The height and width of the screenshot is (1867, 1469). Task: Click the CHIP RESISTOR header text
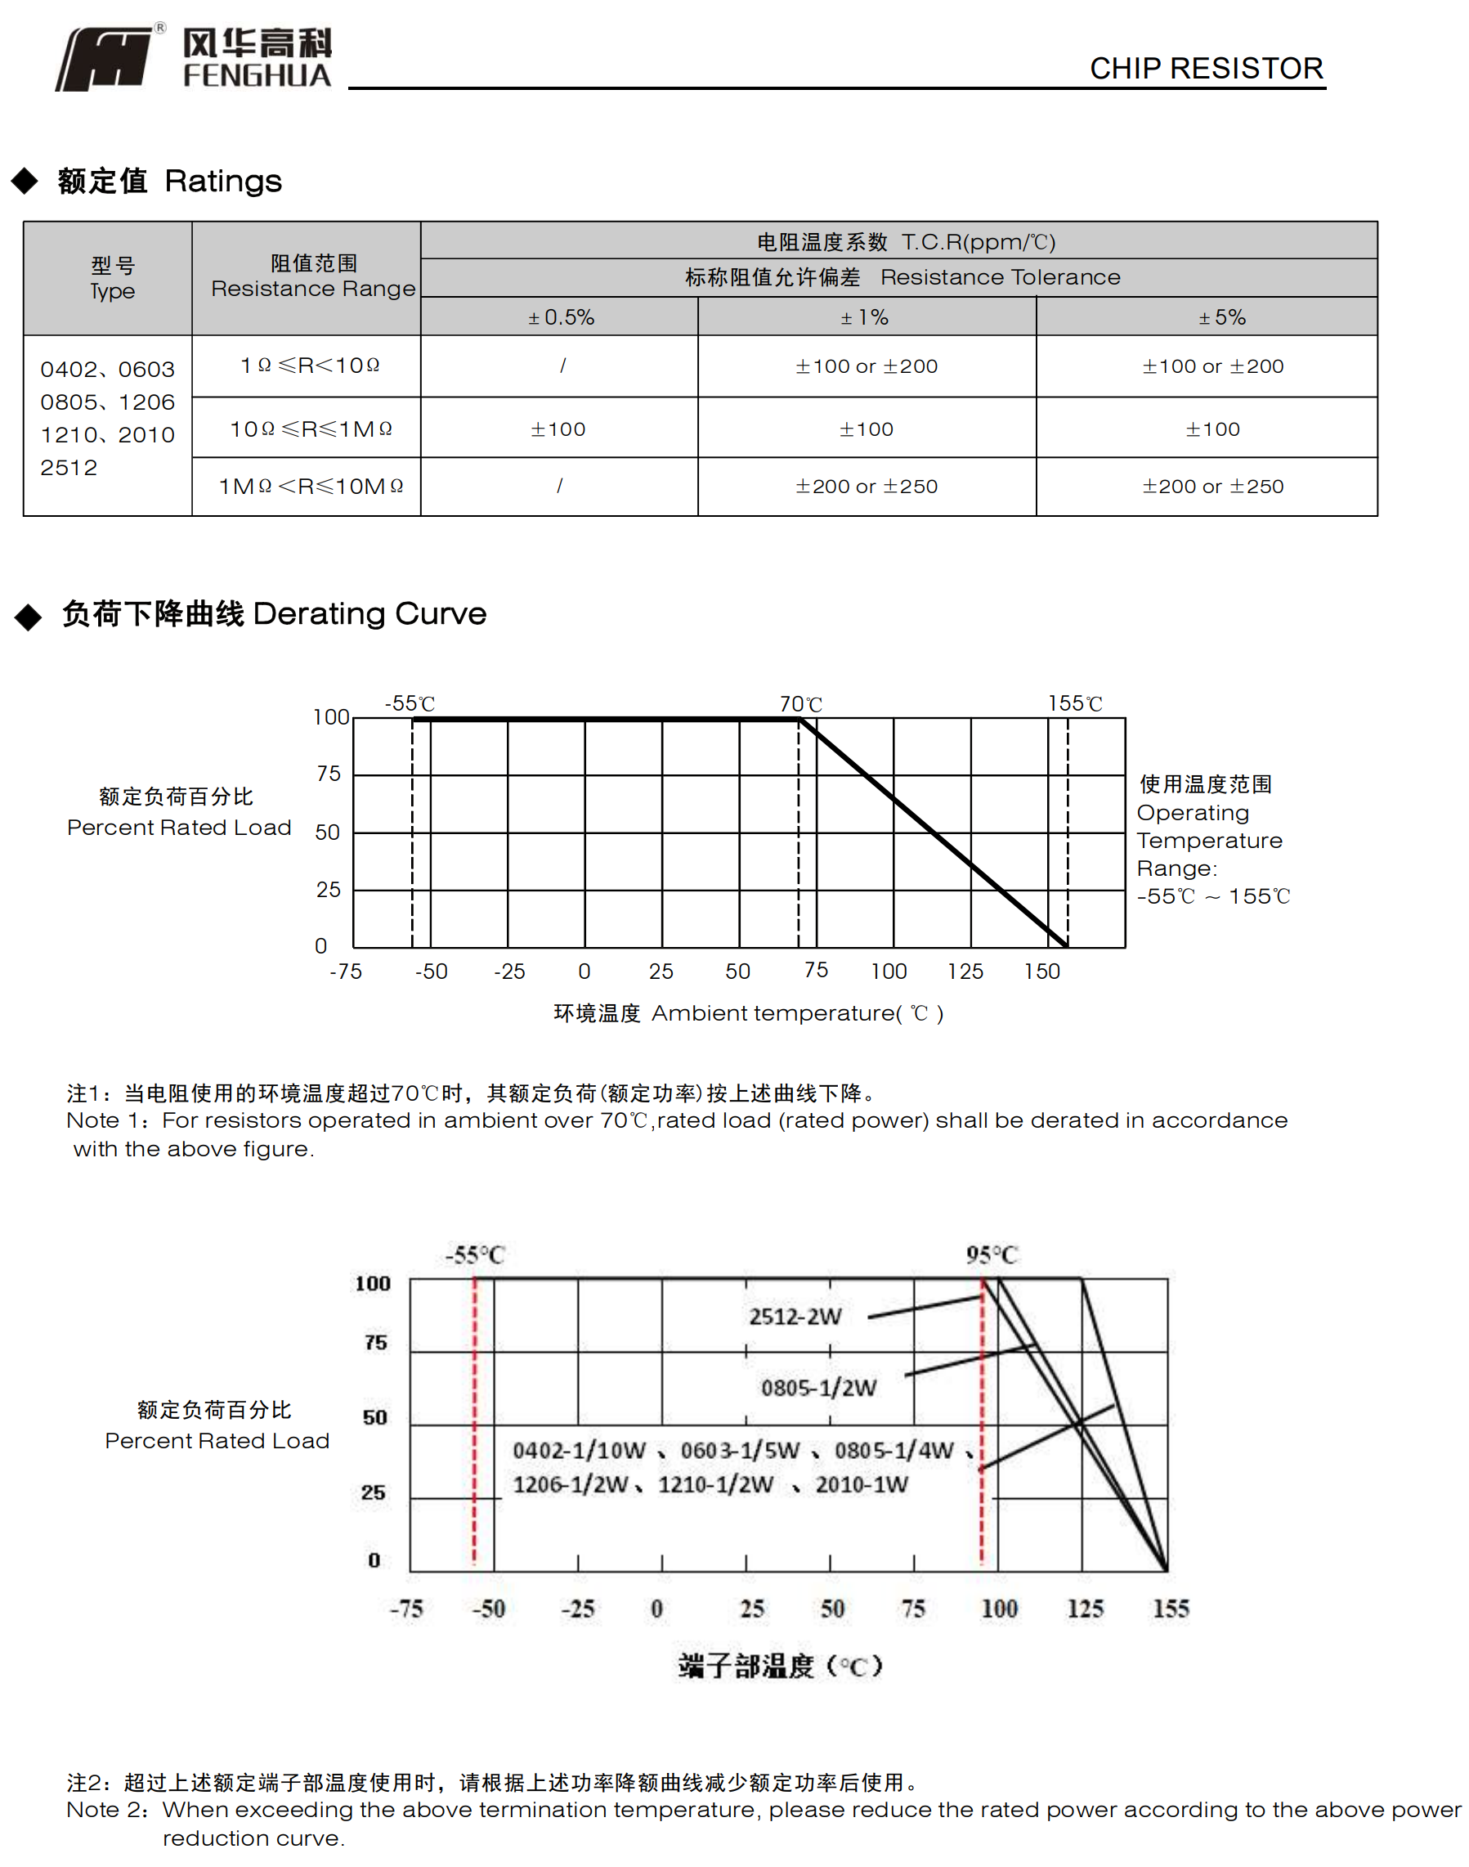pyautogui.click(x=1206, y=68)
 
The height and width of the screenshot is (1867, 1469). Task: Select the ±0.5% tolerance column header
pyautogui.click(x=561, y=317)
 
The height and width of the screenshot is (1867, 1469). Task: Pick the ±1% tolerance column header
pyautogui.click(x=865, y=317)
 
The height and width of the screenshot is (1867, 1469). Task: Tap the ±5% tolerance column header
pyautogui.click(x=1222, y=317)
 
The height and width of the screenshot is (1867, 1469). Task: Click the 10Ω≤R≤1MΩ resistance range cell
pyautogui.click(x=311, y=429)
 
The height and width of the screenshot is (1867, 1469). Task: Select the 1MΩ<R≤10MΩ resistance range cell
pyautogui.click(x=311, y=486)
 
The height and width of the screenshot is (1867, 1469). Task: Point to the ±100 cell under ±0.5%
pyautogui.click(x=558, y=429)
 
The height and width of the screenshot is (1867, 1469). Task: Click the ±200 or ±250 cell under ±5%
pyautogui.click(x=1212, y=486)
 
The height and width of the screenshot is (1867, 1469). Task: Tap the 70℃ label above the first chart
pyautogui.click(x=801, y=704)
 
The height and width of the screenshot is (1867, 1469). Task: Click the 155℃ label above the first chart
pyautogui.click(x=1074, y=704)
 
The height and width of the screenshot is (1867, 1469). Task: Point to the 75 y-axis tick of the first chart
pyautogui.click(x=329, y=774)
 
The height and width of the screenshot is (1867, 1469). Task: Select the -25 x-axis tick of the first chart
pyautogui.click(x=509, y=972)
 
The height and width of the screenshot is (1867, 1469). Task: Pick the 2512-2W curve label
pyautogui.click(x=795, y=1317)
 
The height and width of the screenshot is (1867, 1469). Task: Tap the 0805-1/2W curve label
pyautogui.click(x=818, y=1387)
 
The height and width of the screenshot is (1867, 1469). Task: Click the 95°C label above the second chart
pyautogui.click(x=992, y=1254)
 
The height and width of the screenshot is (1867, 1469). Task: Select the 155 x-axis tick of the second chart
pyautogui.click(x=1171, y=1608)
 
